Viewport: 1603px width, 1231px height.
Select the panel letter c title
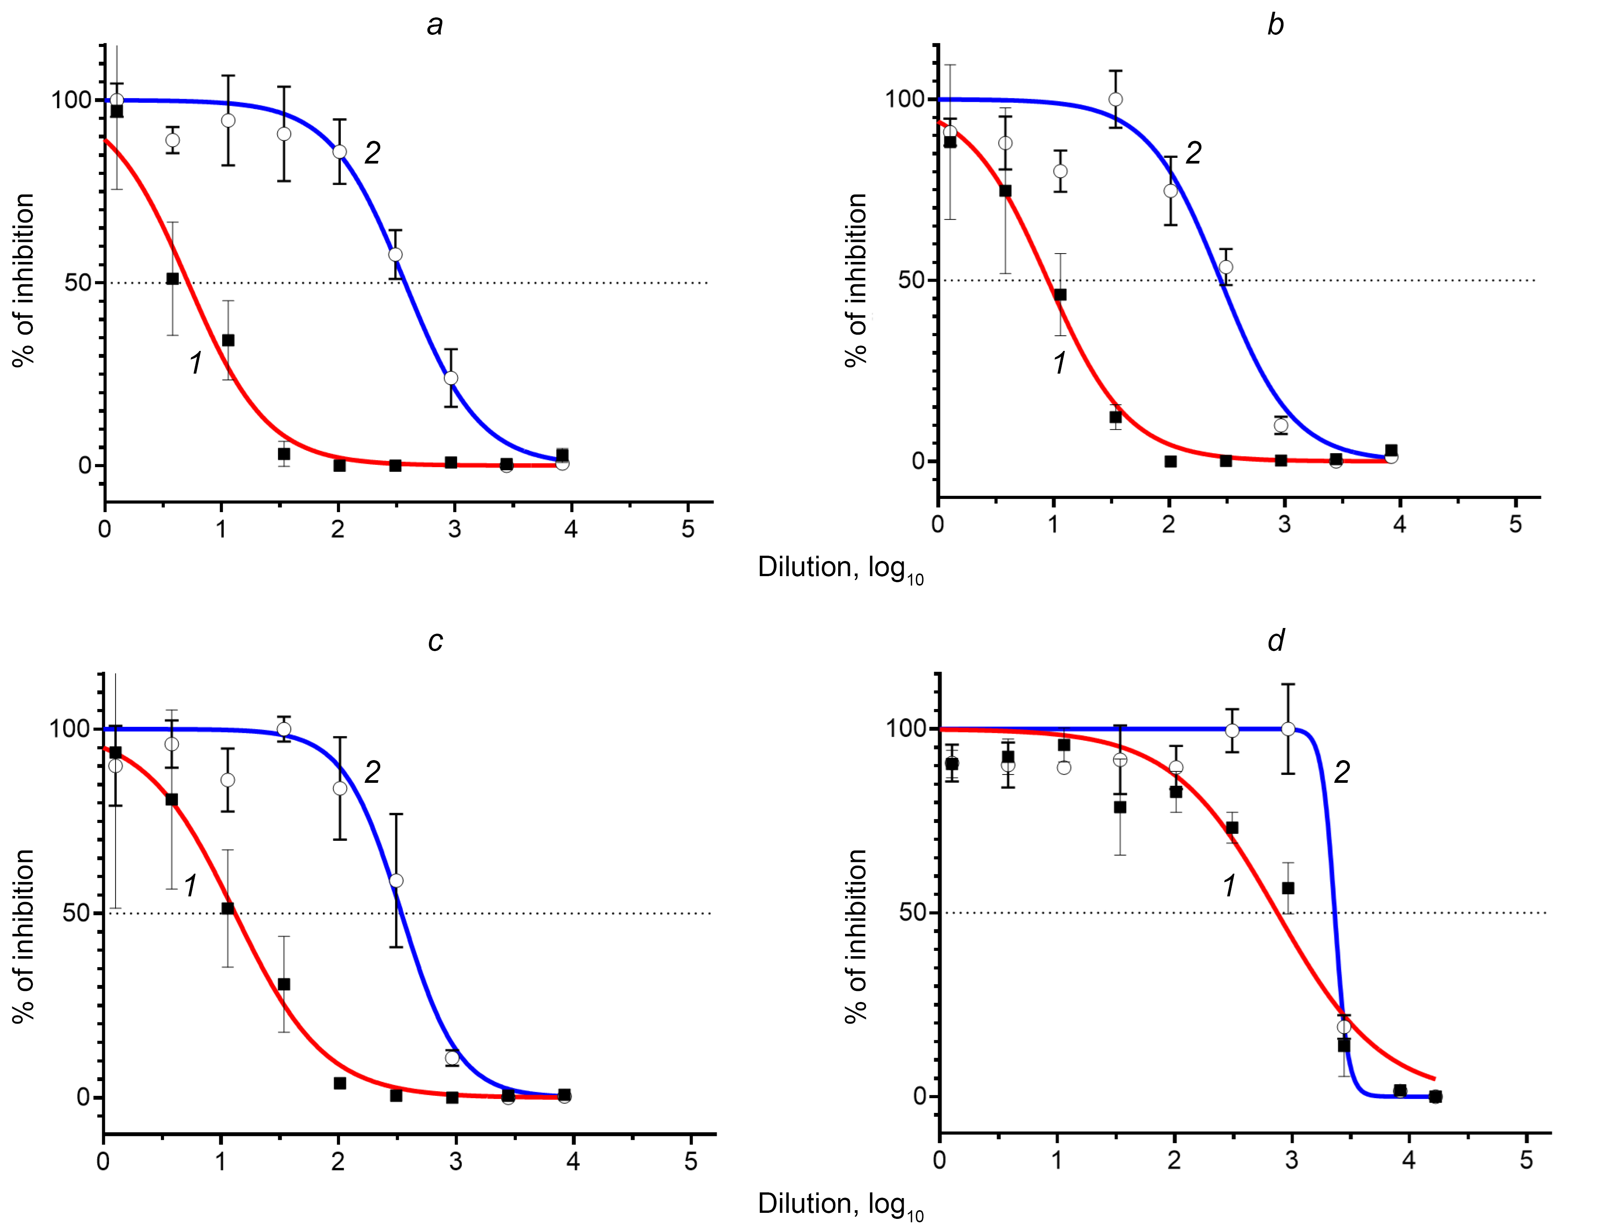(435, 641)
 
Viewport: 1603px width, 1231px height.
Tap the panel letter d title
(1276, 641)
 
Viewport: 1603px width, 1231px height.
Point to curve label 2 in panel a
(372, 153)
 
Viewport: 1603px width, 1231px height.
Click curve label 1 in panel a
(196, 363)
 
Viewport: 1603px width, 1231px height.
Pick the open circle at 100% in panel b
(1116, 100)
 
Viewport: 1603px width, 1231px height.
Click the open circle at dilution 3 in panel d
(1288, 729)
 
